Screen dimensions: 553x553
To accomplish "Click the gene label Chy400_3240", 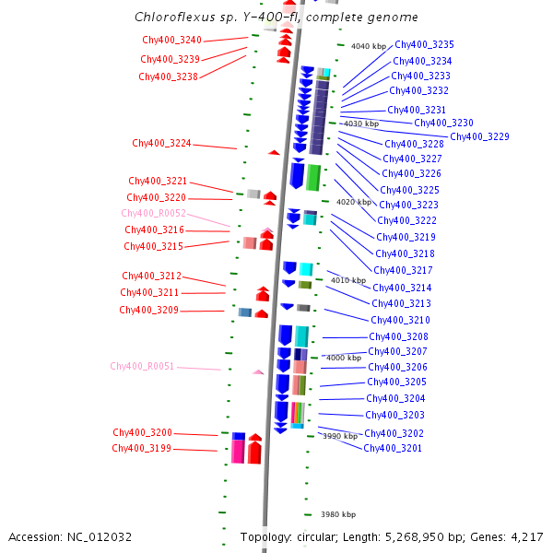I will pyautogui.click(x=171, y=41).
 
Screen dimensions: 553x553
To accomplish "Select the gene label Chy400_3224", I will pyautogui.click(x=161, y=144).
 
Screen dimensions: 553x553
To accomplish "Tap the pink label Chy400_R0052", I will pyautogui.click(x=154, y=213).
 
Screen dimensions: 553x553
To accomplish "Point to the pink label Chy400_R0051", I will pyautogui.click(x=142, y=367).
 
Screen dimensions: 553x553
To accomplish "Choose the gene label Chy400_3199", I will pyautogui.click(x=142, y=449).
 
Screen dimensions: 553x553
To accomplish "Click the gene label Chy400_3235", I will pyautogui.click(x=423, y=45).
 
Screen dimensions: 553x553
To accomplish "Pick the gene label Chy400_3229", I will pyautogui.click(x=479, y=137).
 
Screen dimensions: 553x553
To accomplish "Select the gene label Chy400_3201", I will pyautogui.click(x=393, y=449).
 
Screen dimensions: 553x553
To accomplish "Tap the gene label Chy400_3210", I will pyautogui.click(x=400, y=321).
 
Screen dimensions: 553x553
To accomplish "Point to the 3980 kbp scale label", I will pyautogui.click(x=337, y=515).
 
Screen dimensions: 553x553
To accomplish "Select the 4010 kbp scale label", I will pyautogui.click(x=348, y=281).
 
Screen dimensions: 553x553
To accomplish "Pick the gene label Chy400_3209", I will pyautogui.click(x=148, y=311).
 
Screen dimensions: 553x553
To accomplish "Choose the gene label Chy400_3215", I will pyautogui.click(x=153, y=247).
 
